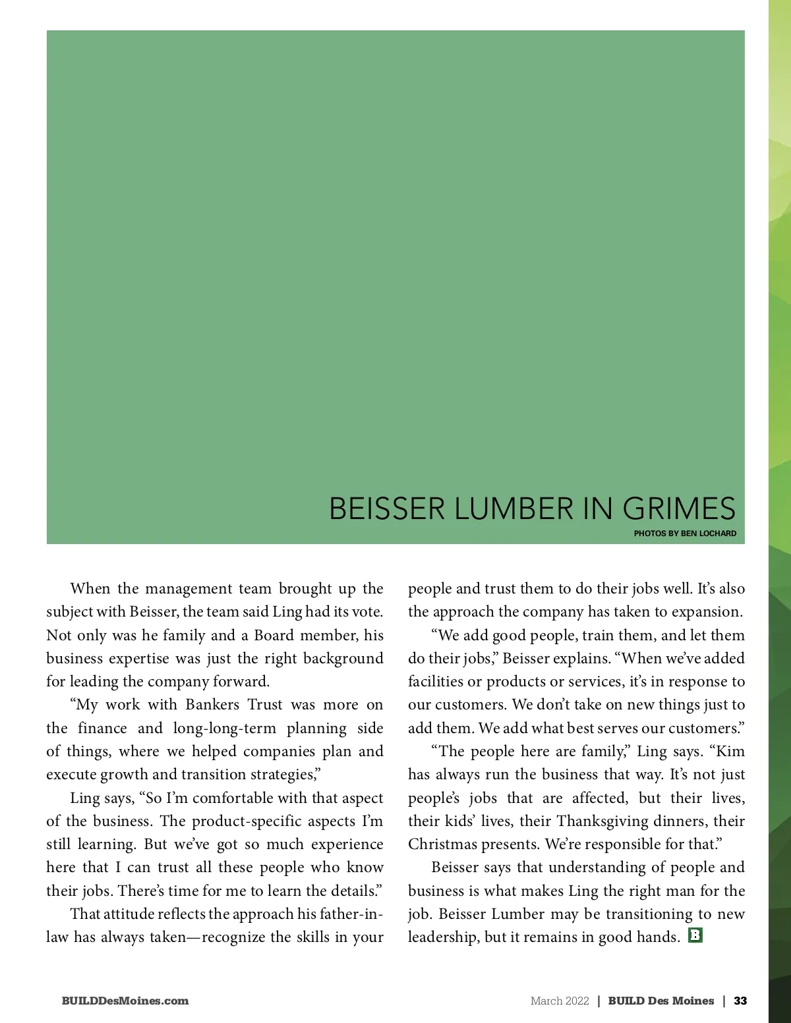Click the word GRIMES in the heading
click(x=679, y=509)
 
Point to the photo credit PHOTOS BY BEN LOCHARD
click(x=685, y=534)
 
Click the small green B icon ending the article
click(x=695, y=935)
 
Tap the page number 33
click(x=740, y=1001)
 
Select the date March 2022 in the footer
click(x=560, y=1001)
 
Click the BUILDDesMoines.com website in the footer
click(x=125, y=1001)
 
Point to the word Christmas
click(x=440, y=844)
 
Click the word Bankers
click(x=212, y=705)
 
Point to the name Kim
click(x=730, y=752)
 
